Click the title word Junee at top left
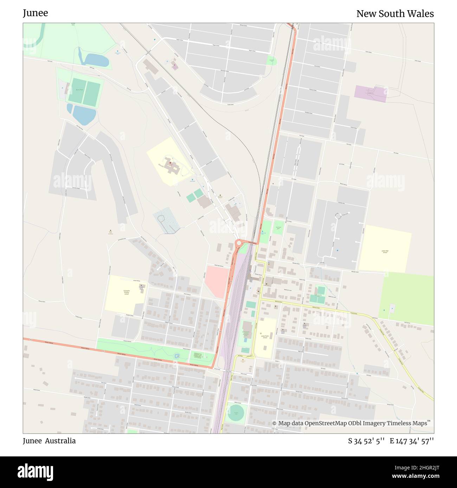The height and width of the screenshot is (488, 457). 35,13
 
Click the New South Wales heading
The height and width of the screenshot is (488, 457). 395,14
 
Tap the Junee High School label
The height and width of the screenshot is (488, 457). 385,251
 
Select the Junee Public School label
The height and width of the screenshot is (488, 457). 265,337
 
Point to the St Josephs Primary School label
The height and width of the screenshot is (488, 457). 126,292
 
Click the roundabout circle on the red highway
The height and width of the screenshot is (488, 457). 239,243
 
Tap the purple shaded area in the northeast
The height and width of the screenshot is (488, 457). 370,93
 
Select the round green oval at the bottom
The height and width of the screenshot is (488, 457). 236,413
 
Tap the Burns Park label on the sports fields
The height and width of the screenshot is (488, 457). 80,90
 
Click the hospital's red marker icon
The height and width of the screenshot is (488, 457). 170,164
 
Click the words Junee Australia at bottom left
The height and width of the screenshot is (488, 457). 49,441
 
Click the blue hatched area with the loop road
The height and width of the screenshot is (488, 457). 166,220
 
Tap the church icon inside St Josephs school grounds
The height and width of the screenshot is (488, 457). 141,286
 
